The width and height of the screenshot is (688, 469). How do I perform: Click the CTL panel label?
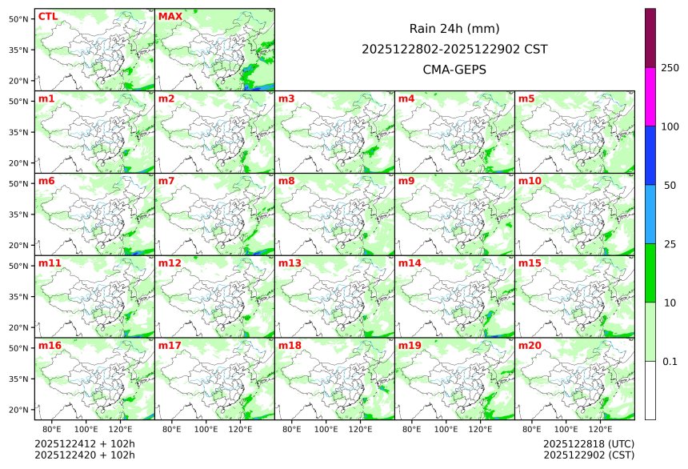click(x=48, y=16)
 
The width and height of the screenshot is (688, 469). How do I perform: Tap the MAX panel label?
click(x=170, y=16)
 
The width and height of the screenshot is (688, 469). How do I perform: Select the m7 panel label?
click(x=166, y=181)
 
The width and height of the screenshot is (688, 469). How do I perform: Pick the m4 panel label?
click(x=406, y=98)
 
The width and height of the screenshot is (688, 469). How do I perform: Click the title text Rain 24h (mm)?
click(x=454, y=29)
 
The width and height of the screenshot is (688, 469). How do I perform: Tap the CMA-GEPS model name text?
click(x=454, y=70)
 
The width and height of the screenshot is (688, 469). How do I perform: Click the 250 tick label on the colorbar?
click(x=670, y=68)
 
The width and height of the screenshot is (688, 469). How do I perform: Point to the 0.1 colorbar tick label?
click(x=670, y=362)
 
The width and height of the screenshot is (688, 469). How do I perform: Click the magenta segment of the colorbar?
click(x=650, y=96)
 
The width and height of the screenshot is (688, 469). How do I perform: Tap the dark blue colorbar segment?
click(x=650, y=155)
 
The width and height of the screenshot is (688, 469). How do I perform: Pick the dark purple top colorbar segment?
click(x=650, y=38)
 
